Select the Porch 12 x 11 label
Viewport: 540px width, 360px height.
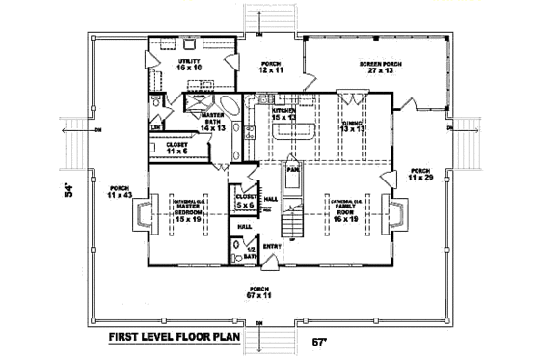(270, 67)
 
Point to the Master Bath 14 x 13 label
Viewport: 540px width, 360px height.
(212, 121)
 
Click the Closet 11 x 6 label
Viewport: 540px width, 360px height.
(176, 148)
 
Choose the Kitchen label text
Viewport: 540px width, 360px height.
(283, 112)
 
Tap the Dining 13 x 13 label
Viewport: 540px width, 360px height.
(351, 126)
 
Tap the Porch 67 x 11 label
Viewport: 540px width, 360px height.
(257, 292)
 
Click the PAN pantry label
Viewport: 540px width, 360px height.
(289, 167)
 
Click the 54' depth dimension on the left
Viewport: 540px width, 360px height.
(68, 189)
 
